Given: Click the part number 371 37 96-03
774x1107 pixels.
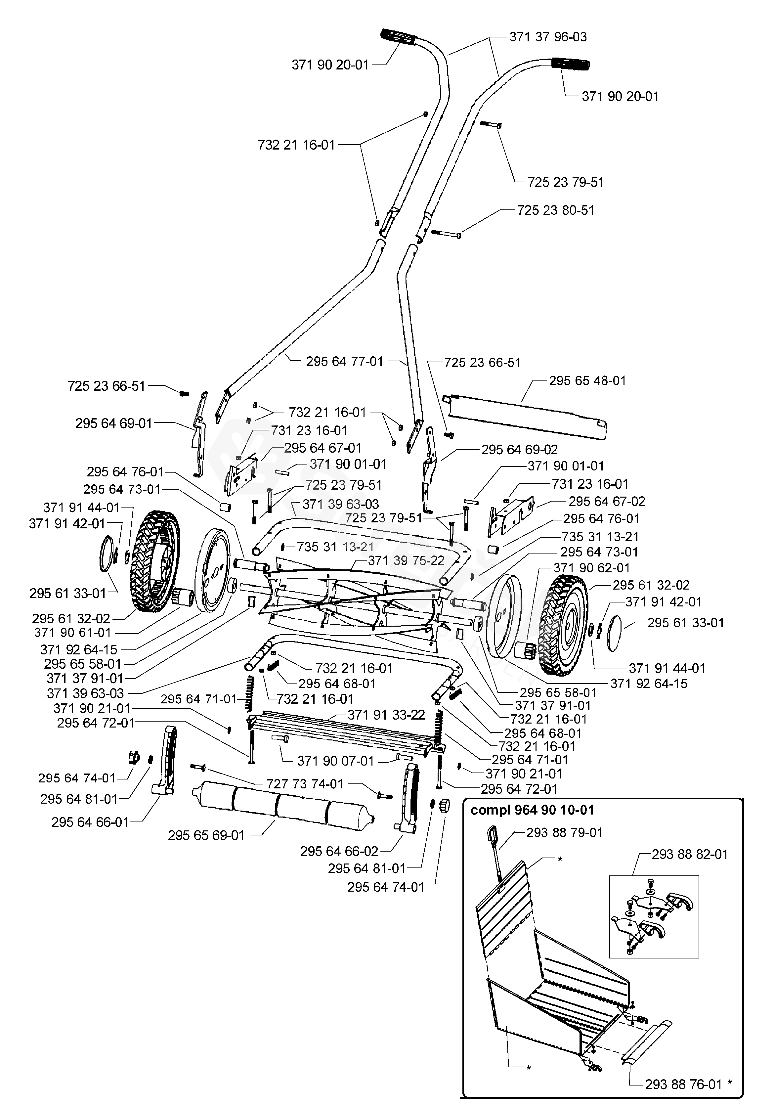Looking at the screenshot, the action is [548, 37].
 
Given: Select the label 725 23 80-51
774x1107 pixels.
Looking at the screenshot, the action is [556, 210].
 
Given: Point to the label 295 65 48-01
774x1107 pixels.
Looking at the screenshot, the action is [587, 380].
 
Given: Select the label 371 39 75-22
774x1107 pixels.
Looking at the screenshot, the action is [406, 561].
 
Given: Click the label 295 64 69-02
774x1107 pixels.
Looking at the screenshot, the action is [520, 450].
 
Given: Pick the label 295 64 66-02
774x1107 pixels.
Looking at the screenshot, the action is [339, 852].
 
